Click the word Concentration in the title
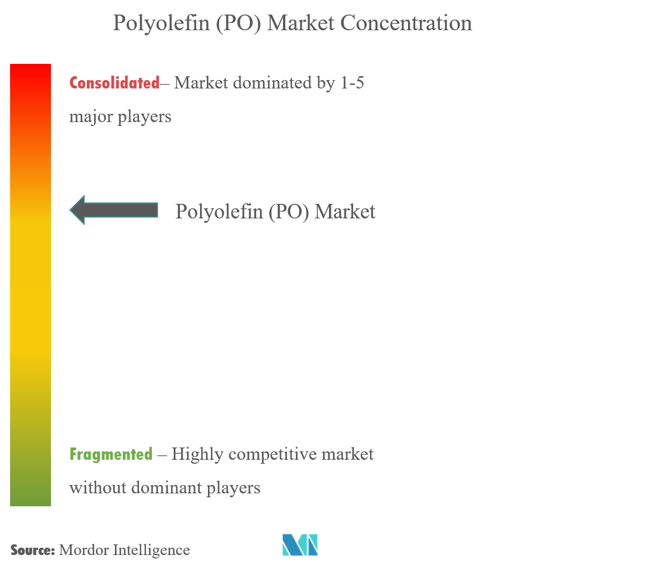coord(406,23)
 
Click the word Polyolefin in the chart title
coord(161,24)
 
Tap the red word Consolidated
coord(114,83)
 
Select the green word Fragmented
coord(111,454)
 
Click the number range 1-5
coord(352,83)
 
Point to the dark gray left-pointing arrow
coord(114,210)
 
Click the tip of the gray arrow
coord(69,210)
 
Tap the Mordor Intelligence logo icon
coord(300,545)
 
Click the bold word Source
coord(33,550)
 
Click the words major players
coord(120,116)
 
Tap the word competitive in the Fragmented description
coord(273,455)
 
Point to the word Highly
coord(197,455)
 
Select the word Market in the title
coord(301,23)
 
